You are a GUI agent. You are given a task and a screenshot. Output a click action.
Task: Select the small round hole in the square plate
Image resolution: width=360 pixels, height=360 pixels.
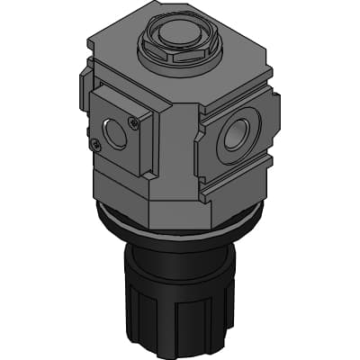coord(114,132)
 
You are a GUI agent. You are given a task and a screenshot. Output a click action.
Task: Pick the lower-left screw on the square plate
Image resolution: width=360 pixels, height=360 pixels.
coord(96,142)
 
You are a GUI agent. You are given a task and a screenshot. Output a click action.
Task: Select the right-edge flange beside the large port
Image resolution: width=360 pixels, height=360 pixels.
coord(269,126)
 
